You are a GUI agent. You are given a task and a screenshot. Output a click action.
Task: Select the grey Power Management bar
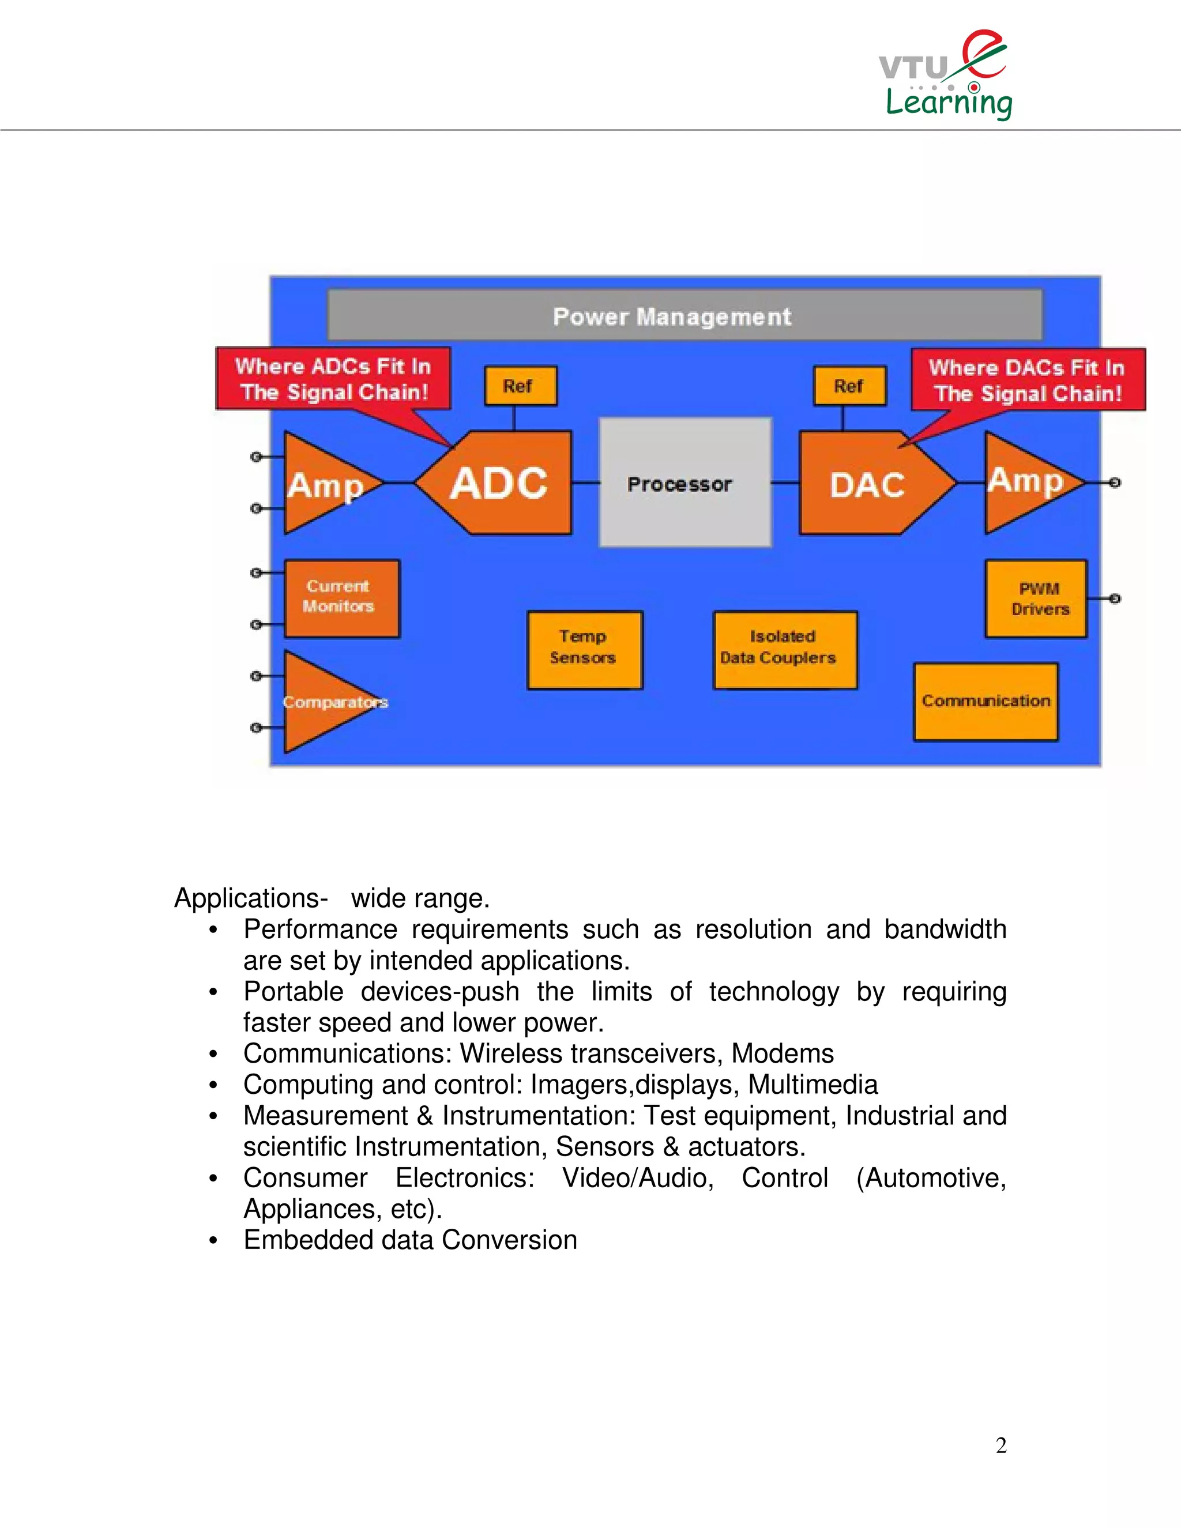[685, 316]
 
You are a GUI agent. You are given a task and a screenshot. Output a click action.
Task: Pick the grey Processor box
[685, 483]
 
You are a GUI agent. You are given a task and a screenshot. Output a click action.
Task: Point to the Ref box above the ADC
[520, 386]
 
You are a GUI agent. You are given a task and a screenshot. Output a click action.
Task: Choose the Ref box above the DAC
[849, 386]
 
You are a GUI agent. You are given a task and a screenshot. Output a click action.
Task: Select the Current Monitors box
[341, 597]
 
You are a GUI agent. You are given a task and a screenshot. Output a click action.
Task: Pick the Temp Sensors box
[584, 650]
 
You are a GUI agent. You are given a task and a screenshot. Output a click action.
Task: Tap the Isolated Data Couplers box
[784, 650]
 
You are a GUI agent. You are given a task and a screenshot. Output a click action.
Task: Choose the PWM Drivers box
[1036, 598]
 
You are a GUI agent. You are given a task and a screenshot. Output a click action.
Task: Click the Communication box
[985, 701]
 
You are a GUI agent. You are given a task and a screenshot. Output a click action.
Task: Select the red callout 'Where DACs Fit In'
[1027, 379]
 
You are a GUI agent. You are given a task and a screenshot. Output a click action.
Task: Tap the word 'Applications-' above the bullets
[250, 898]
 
